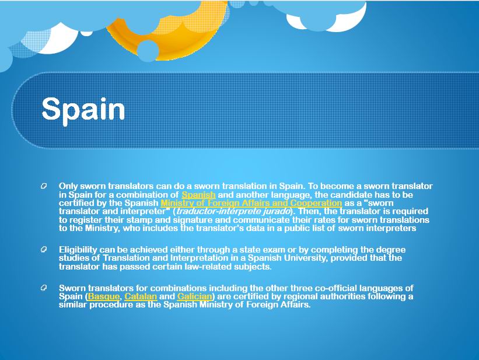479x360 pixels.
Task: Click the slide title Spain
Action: (83, 109)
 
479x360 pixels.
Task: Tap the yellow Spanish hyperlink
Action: (198, 195)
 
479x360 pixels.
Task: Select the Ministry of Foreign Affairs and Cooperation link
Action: (251, 203)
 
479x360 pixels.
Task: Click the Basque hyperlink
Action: (104, 296)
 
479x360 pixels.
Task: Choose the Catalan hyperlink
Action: (141, 296)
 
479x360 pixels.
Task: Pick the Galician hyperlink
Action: (195, 296)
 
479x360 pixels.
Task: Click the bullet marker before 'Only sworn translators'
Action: (44, 186)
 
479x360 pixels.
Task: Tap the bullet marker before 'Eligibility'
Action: (44, 249)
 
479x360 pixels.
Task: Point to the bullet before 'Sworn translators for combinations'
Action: (44, 288)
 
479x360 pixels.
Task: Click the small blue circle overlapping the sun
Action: (148, 51)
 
